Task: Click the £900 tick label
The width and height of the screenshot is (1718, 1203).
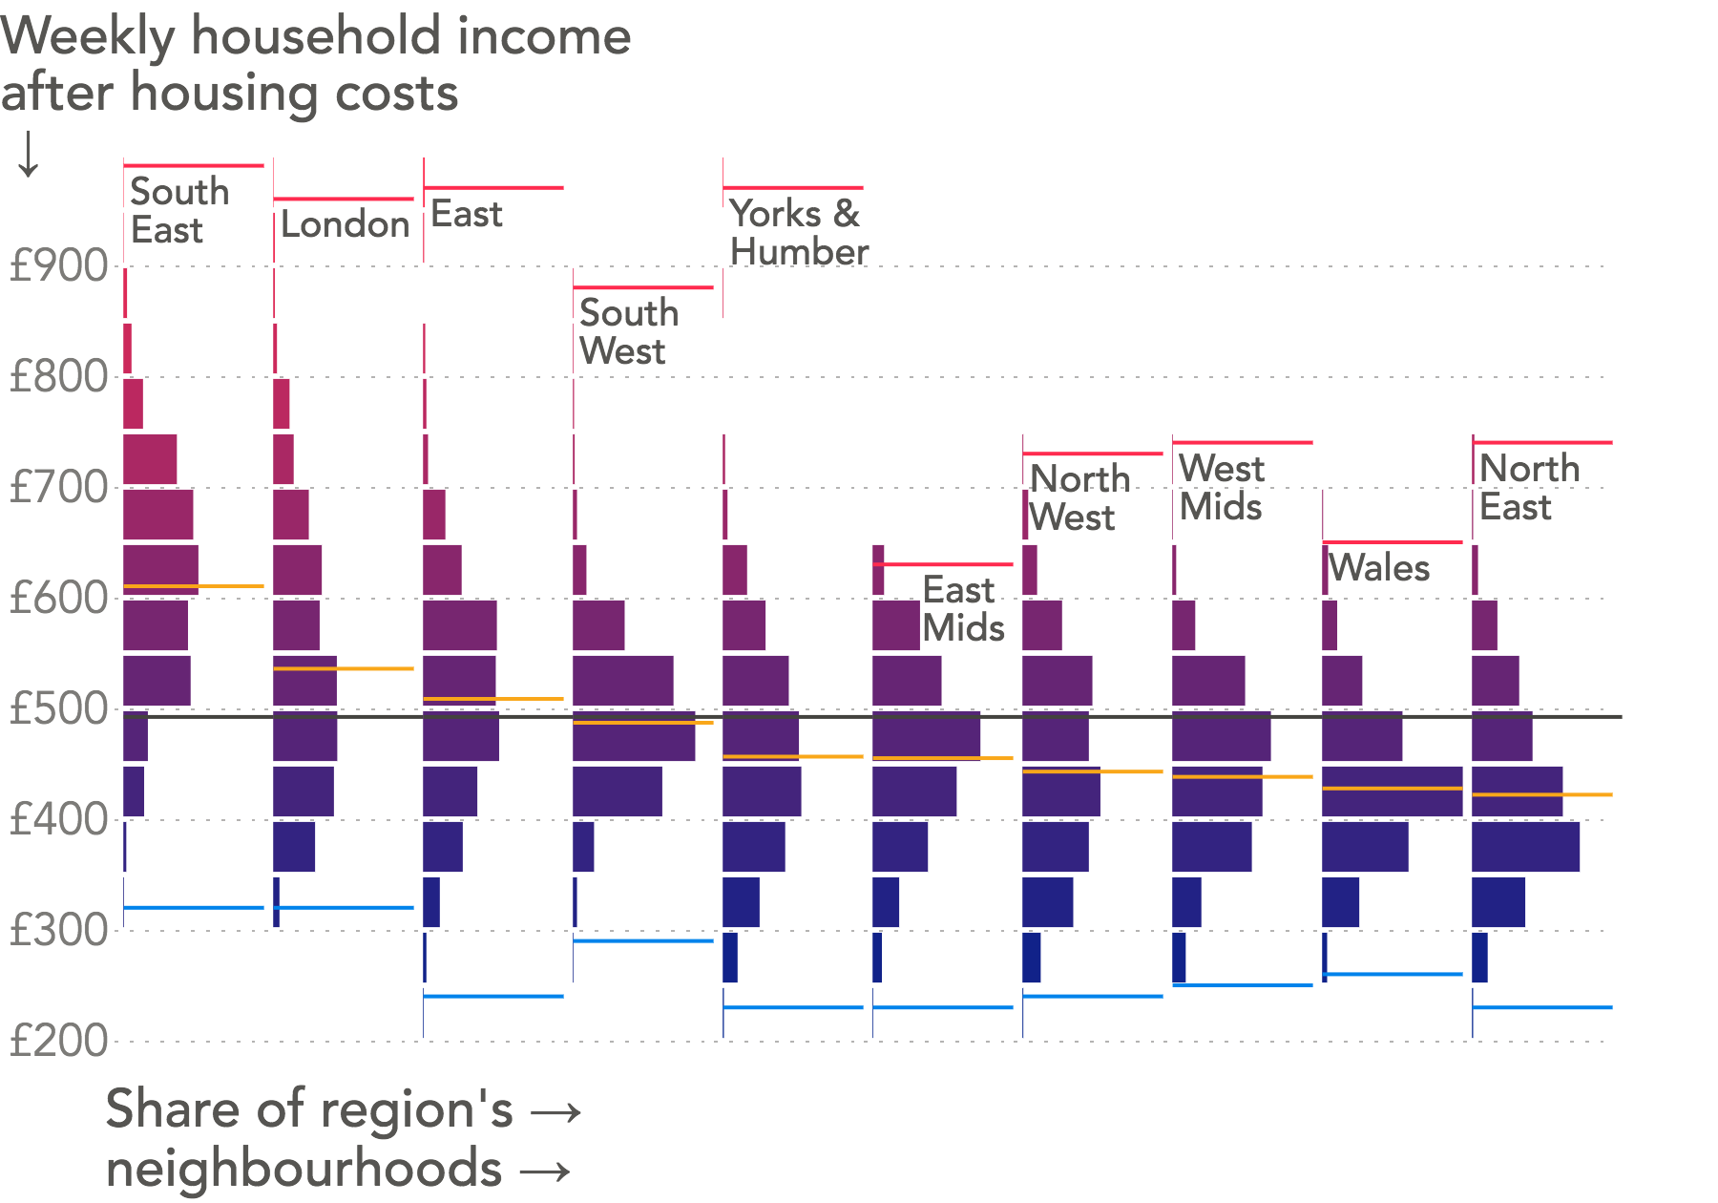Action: [57, 265]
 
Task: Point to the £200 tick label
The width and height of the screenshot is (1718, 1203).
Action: [57, 1041]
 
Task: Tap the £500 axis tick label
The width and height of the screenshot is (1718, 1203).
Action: [57, 709]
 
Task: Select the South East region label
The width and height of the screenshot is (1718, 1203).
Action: [178, 211]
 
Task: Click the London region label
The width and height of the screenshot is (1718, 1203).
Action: [345, 225]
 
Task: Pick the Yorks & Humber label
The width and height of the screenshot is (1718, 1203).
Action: [798, 233]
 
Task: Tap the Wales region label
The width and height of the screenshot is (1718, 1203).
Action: [1379, 568]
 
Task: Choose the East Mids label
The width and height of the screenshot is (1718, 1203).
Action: [963, 609]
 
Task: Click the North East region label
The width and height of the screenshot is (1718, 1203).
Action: [1529, 487]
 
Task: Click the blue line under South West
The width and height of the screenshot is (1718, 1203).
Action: [642, 940]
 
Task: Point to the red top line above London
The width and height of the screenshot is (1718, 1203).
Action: [343, 199]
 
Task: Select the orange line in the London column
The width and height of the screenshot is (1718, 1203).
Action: [343, 668]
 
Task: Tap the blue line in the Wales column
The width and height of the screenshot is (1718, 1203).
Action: [1392, 974]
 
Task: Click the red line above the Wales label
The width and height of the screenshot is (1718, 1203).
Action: [1392, 542]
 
